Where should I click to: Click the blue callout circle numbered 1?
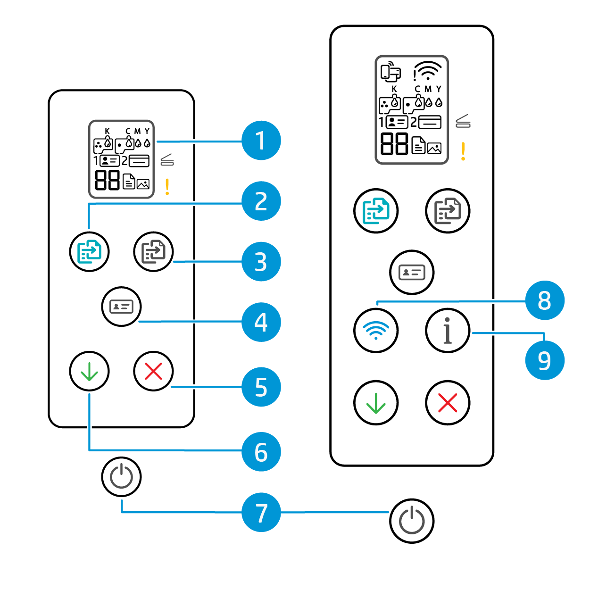(261, 141)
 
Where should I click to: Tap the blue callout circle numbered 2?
(261, 201)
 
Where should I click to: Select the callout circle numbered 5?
(261, 387)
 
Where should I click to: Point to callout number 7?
(261, 512)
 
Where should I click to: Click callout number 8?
(545, 300)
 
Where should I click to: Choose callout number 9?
(545, 360)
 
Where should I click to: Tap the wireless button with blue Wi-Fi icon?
(376, 330)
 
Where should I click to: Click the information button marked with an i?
(448, 330)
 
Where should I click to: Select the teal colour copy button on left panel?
(89, 251)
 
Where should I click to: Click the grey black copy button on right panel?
(448, 210)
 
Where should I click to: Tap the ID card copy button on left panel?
(121, 307)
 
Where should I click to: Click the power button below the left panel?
(121, 476)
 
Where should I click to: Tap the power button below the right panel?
(412, 521)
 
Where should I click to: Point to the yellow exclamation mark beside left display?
(167, 187)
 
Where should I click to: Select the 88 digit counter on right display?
(394, 143)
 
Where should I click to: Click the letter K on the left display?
(107, 131)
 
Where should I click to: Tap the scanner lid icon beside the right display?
(463, 122)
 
